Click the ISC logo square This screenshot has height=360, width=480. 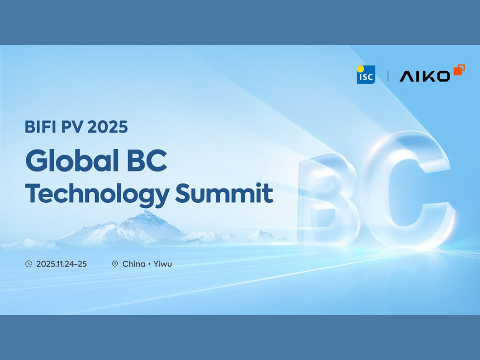point(366,75)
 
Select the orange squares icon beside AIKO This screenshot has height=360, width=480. point(459,70)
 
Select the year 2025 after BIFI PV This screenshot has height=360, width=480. point(107,126)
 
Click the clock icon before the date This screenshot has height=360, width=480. point(29,264)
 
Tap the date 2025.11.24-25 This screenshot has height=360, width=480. point(61,264)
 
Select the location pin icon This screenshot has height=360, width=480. point(115,264)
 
